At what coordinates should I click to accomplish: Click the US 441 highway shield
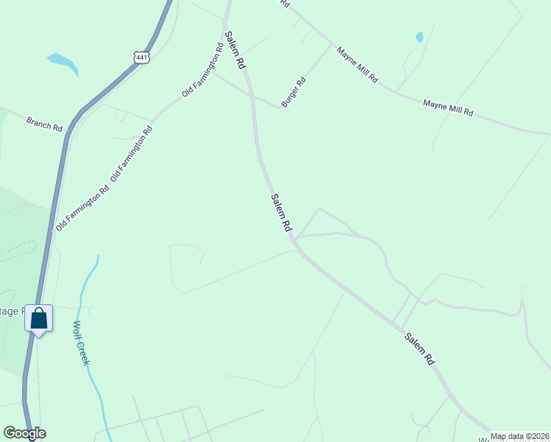click(x=142, y=56)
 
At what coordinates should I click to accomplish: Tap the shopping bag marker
click(x=39, y=319)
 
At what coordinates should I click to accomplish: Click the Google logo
click(x=24, y=433)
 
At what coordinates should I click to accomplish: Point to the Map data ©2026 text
click(x=519, y=436)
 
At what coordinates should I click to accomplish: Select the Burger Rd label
click(x=293, y=93)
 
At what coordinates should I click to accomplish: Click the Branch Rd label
click(x=44, y=123)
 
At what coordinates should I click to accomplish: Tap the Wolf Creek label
click(x=81, y=343)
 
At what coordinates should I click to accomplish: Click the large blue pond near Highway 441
click(x=63, y=63)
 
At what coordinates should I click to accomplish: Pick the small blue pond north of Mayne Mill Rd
click(x=419, y=37)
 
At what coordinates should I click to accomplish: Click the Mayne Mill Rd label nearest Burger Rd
click(x=357, y=65)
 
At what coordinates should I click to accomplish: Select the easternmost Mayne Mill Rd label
click(x=448, y=109)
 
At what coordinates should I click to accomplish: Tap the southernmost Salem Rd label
click(x=419, y=349)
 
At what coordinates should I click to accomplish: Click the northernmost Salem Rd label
click(x=235, y=51)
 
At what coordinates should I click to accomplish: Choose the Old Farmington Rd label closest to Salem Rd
click(x=203, y=71)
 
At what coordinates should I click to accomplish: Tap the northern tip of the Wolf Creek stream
click(x=97, y=256)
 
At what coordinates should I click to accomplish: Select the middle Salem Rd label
click(x=281, y=213)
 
